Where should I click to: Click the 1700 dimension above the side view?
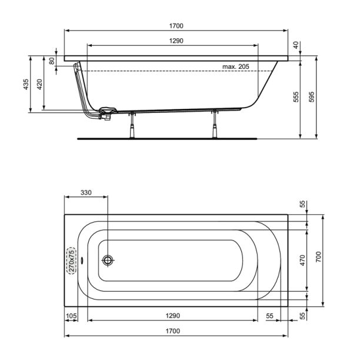[176, 26]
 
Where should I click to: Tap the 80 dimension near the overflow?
[52, 61]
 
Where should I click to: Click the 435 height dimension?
[26, 85]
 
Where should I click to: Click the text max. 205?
[236, 66]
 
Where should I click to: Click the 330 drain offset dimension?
[86, 193]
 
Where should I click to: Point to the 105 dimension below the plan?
[71, 316]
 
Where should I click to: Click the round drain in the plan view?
[108, 260]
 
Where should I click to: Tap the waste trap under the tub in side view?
[108, 111]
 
